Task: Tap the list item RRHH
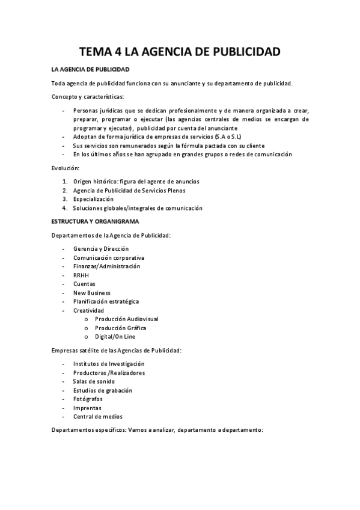(81, 275)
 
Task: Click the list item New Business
(91, 292)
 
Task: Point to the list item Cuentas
(84, 284)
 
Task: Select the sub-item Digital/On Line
(115, 336)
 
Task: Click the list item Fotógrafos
(88, 399)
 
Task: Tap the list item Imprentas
(87, 408)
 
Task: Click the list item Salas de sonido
(94, 381)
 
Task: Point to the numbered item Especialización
(93, 199)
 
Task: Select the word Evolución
(66, 170)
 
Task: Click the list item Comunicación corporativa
(109, 257)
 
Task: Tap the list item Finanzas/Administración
(106, 266)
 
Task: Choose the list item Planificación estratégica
(106, 301)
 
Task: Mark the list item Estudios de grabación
(103, 390)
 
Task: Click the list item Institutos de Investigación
(109, 364)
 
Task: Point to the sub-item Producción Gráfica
(120, 328)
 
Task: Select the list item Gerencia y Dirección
(101, 249)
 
